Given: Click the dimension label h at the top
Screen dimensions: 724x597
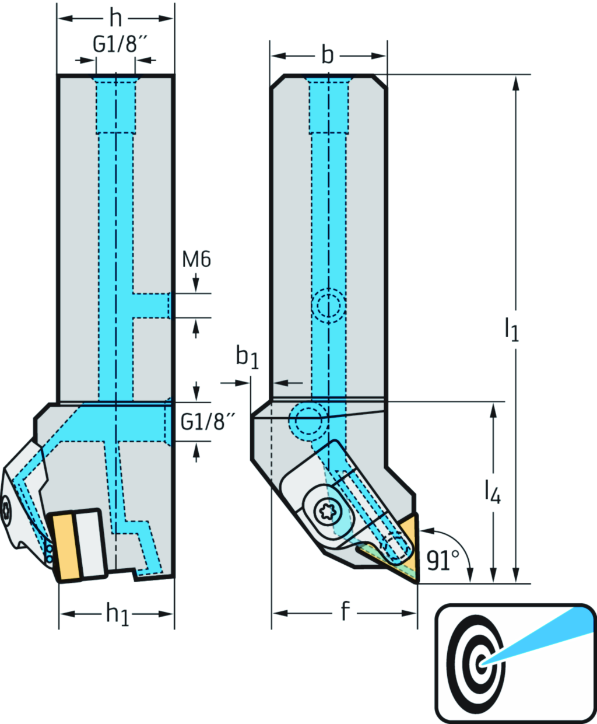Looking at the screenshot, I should [x=116, y=19].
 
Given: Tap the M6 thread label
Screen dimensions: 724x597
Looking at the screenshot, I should [x=196, y=258].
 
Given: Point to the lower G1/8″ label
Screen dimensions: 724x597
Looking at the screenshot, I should [x=203, y=421].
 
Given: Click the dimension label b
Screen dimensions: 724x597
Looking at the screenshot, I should [x=328, y=55].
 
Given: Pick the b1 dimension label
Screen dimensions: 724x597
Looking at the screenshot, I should [x=247, y=358].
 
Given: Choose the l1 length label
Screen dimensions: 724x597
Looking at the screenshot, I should [x=511, y=330].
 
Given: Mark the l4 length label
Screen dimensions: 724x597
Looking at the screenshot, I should [x=493, y=493].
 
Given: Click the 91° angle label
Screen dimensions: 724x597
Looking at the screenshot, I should [x=442, y=561].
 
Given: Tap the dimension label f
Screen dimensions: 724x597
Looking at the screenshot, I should [x=345, y=612].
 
